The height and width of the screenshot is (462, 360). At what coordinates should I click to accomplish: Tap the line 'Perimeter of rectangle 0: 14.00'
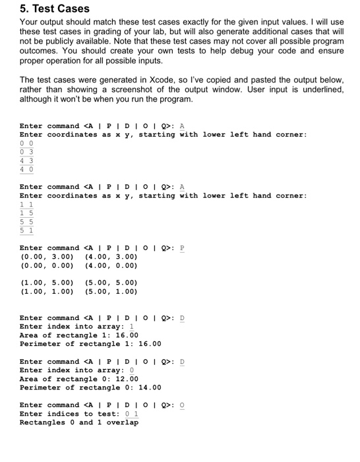90,387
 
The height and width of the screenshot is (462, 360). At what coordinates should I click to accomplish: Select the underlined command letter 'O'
183,405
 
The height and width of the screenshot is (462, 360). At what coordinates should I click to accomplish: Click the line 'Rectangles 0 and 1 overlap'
79,422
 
